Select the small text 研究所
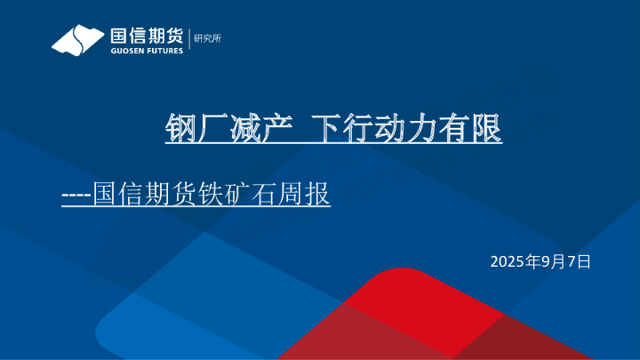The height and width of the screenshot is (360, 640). click(x=206, y=38)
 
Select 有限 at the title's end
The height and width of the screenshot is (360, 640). click(x=481, y=130)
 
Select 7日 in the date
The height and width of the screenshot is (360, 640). click(x=580, y=261)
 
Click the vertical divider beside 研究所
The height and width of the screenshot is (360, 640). click(x=188, y=40)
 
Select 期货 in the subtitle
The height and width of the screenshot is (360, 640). click(x=175, y=194)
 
